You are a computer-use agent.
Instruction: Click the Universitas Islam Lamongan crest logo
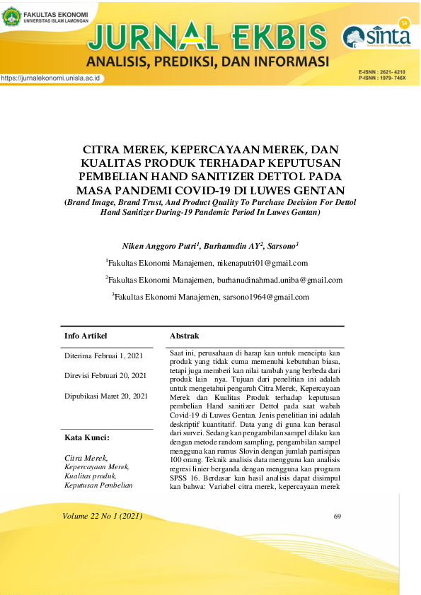point(11,18)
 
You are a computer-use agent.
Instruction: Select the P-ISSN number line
point(382,78)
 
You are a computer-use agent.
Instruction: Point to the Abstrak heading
point(185,336)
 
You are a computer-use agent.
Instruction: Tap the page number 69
point(338,517)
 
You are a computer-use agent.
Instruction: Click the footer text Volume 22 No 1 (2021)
point(103,517)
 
